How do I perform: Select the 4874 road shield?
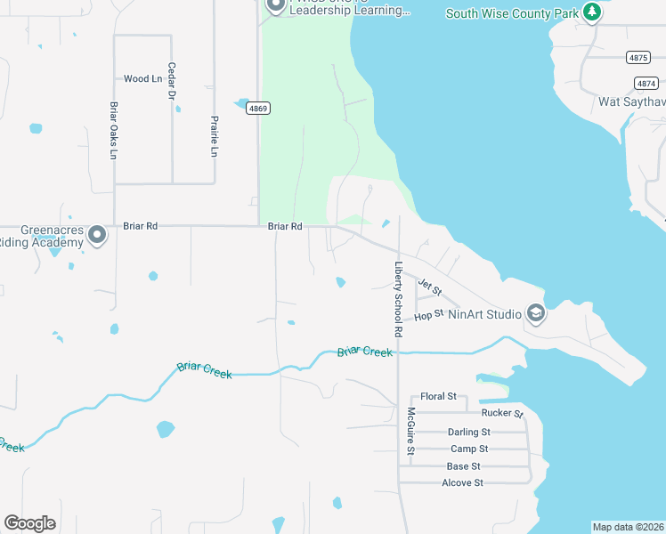click(x=646, y=83)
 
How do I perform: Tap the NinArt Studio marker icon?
click(x=535, y=313)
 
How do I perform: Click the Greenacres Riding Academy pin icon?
click(x=98, y=235)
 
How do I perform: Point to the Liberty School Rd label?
click(x=399, y=299)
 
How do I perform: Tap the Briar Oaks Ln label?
click(x=114, y=131)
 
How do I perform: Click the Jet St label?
click(x=430, y=287)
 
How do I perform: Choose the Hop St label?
click(x=428, y=315)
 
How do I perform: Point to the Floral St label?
click(x=438, y=396)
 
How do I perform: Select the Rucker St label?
click(x=502, y=413)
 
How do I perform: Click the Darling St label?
click(x=468, y=433)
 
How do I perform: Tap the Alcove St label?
click(x=462, y=482)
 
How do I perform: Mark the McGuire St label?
click(x=411, y=431)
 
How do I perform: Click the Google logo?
click(x=29, y=523)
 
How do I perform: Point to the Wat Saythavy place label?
click(x=631, y=101)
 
